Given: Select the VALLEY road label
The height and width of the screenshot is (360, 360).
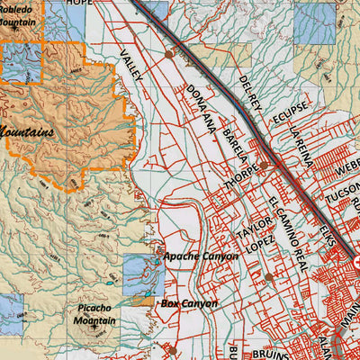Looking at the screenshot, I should pos(131,66).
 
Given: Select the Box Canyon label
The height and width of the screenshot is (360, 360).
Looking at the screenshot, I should pos(189,304).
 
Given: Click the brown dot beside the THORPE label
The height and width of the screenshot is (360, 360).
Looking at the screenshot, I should pos(265,167).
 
